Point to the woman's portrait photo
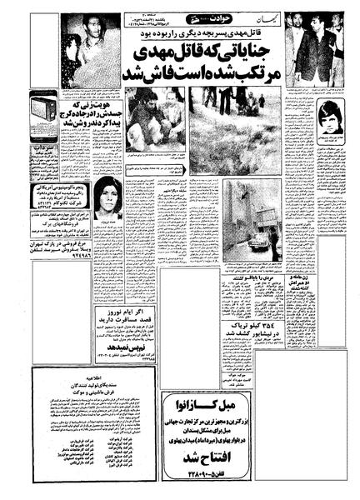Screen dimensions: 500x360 (x=108, y=198)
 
